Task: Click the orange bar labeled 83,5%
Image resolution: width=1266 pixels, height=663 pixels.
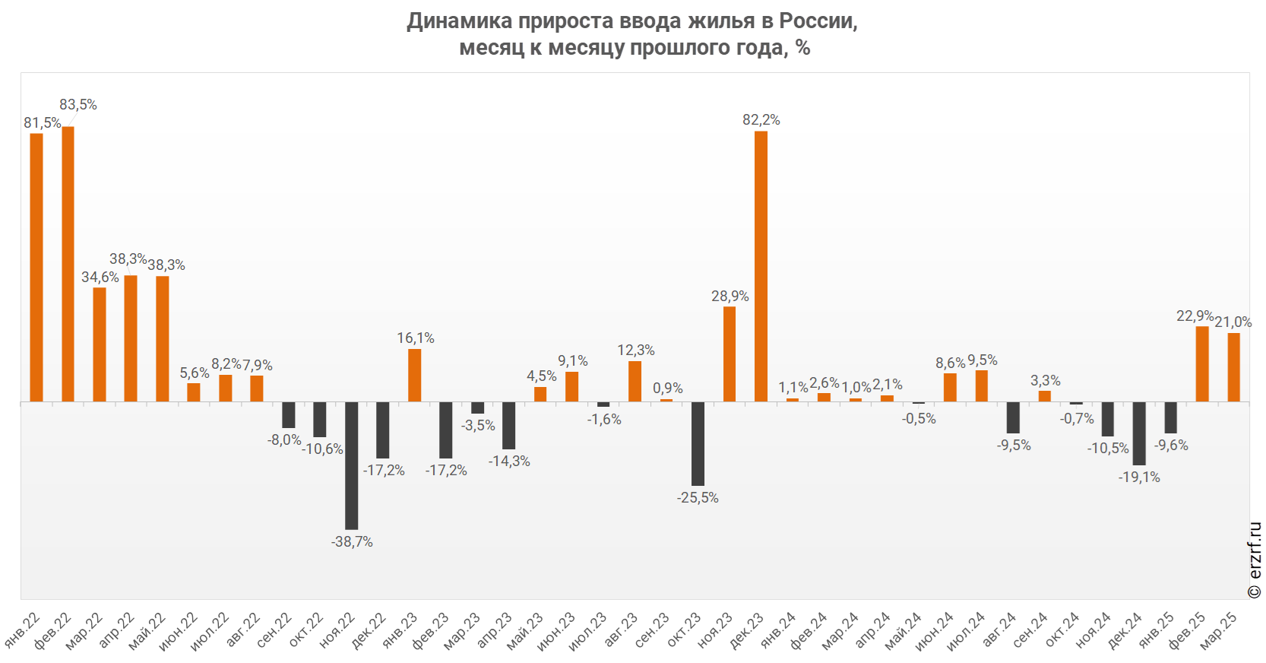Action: [x=68, y=264]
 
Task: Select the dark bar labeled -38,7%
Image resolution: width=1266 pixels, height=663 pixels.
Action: [x=351, y=465]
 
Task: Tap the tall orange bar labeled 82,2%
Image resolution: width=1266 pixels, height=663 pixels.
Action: [x=761, y=266]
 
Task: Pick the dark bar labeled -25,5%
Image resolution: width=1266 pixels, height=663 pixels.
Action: [x=698, y=443]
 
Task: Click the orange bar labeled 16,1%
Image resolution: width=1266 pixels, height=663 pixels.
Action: [x=414, y=376]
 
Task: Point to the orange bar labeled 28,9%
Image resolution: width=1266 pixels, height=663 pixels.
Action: [x=730, y=354]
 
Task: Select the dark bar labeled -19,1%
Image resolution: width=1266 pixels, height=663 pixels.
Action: [x=1139, y=433]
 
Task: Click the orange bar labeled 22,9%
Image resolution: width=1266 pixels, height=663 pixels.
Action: [x=1202, y=364]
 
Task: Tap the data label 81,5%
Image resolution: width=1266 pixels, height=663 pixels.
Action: [x=42, y=123]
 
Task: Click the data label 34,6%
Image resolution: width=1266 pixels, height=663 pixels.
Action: [x=100, y=278]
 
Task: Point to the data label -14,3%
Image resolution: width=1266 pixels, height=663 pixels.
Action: [x=509, y=462]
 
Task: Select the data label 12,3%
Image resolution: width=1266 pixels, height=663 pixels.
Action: [x=636, y=351]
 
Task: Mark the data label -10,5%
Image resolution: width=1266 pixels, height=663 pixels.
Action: [x=1108, y=449]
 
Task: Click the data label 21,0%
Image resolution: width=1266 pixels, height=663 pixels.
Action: [x=1233, y=322]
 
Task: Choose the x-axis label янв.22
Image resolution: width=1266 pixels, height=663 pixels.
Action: [x=23, y=630]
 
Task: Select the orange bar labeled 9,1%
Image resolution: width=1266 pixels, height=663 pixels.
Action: [x=571, y=387]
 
